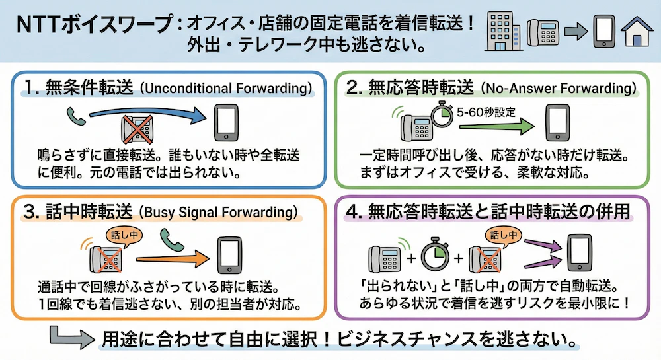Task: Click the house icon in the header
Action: click(x=637, y=32)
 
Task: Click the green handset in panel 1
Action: click(x=73, y=117)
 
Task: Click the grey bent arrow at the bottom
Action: click(x=68, y=338)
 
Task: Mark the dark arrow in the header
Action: click(x=574, y=32)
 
